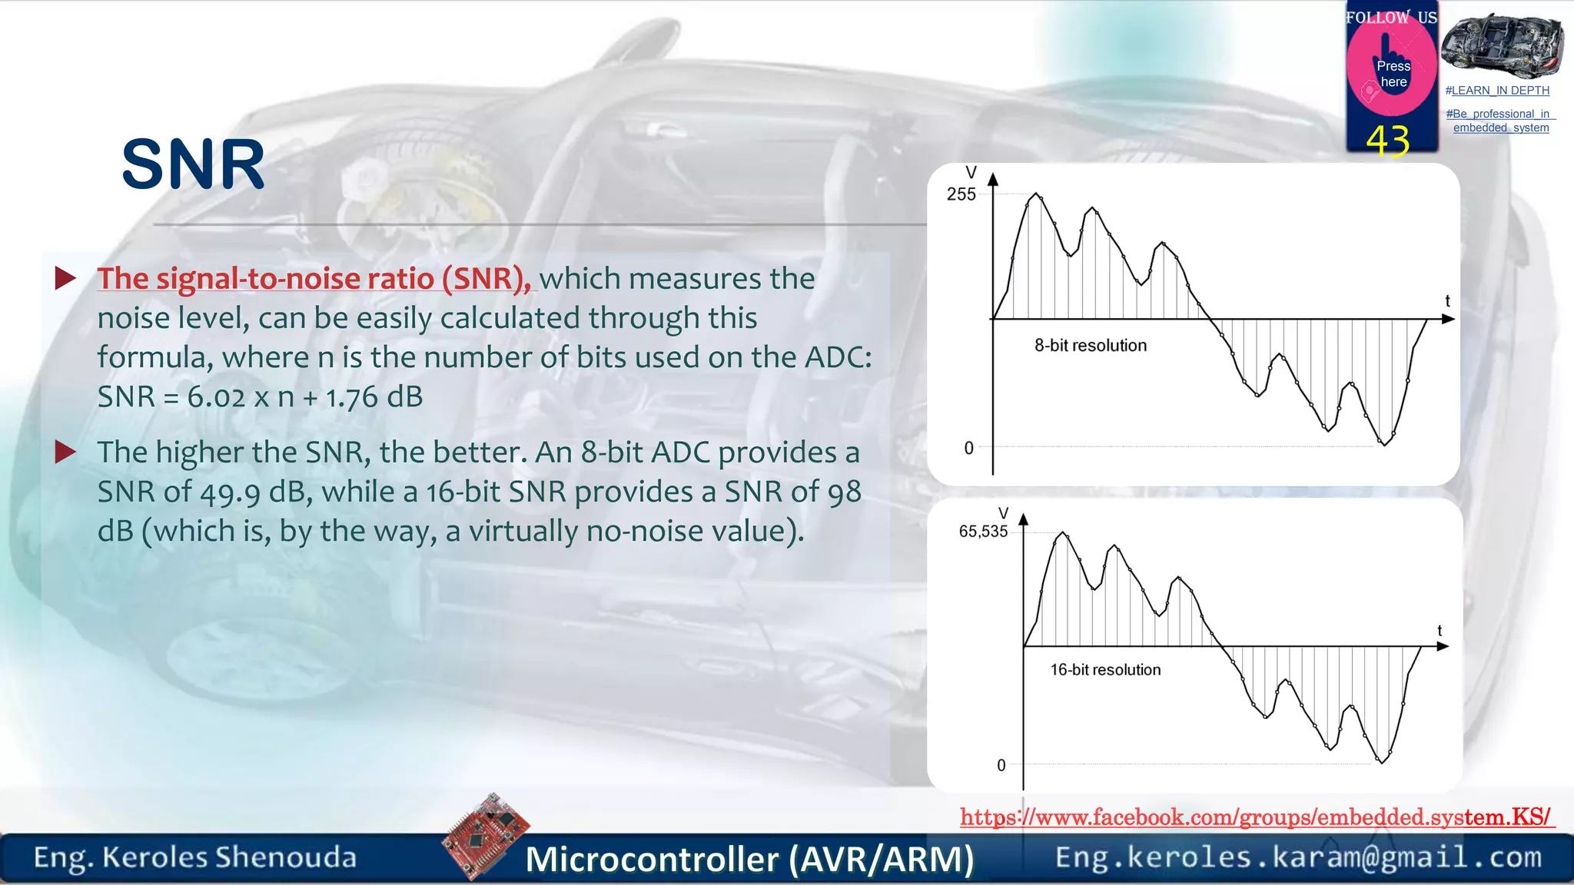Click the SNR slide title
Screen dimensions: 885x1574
[x=193, y=164]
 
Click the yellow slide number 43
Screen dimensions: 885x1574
[x=1387, y=141]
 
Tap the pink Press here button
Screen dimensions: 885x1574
[x=1392, y=73]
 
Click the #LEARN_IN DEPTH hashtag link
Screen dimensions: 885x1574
[x=1497, y=91]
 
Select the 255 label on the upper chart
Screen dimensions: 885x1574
[x=961, y=194]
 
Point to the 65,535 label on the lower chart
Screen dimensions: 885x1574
[x=983, y=532]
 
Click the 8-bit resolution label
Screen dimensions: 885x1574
[x=1090, y=346]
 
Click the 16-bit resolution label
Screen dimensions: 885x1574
[x=1105, y=670]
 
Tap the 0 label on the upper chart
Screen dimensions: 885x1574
[x=968, y=448]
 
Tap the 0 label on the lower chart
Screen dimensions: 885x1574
[x=1001, y=765]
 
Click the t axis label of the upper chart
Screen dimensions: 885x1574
[x=1447, y=301]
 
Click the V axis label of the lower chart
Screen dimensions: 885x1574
[x=1003, y=512]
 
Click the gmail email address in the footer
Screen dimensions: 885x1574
[x=1298, y=857]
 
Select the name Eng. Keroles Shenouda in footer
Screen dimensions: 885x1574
[x=195, y=857]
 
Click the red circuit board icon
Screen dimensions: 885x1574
[x=486, y=836]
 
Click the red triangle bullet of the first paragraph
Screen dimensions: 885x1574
[x=66, y=278]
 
